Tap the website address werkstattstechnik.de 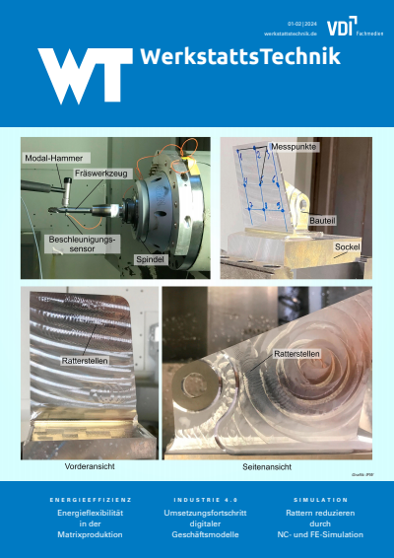(290, 33)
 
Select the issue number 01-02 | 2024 (302, 23)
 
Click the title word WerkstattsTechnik (240, 57)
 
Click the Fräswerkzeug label (103, 174)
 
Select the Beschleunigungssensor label (83, 244)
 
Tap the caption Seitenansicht (264, 463)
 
